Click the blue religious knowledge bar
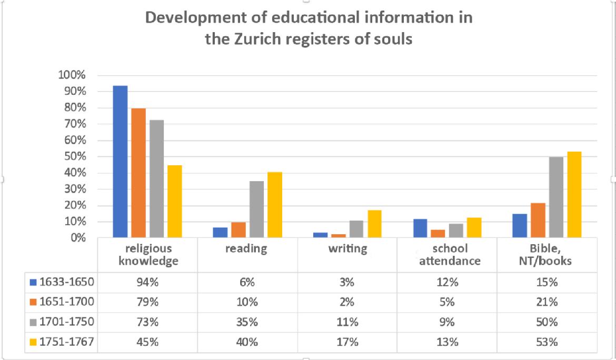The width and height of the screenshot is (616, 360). click(x=120, y=162)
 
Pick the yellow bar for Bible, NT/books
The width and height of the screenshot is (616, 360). click(x=574, y=195)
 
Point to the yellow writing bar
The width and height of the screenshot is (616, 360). click(x=374, y=224)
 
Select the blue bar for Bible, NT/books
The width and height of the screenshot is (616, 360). click(x=520, y=226)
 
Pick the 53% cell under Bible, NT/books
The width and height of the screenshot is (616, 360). click(x=547, y=342)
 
